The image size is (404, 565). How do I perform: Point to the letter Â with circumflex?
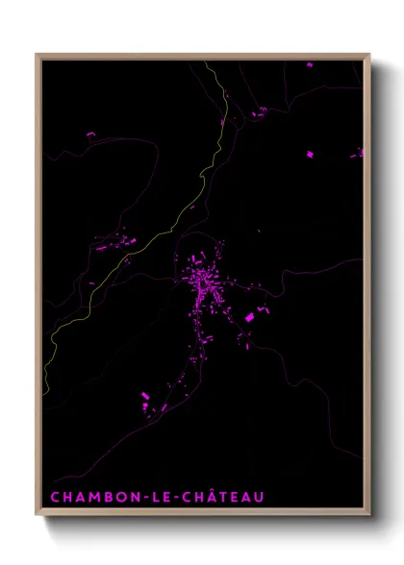[207, 496]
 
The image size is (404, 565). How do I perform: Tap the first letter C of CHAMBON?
[54, 497]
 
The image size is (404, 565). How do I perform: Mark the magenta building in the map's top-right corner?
[309, 64]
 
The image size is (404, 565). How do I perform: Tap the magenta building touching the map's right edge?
[361, 152]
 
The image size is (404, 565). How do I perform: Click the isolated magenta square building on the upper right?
[311, 154]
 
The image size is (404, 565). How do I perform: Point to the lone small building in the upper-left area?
[91, 135]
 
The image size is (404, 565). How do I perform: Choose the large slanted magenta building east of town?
[249, 316]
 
